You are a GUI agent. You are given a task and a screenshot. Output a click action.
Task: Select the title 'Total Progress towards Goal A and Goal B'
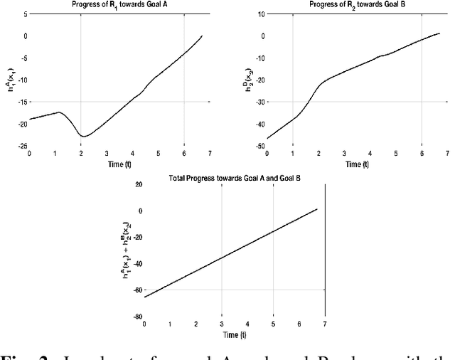[234, 175]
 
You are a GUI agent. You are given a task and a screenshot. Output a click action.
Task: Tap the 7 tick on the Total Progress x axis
[326, 324]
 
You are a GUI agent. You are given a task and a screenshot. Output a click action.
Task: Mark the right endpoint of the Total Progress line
[317, 209]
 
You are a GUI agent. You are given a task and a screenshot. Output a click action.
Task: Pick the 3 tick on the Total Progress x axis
[222, 324]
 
